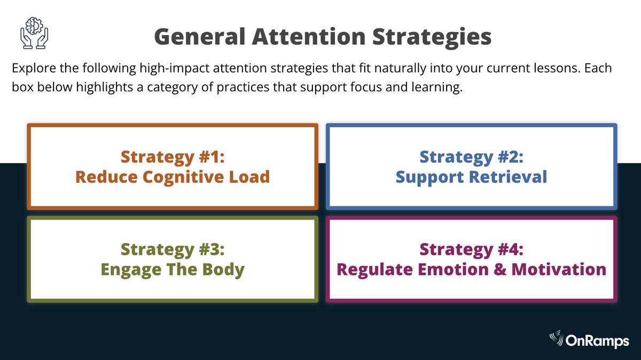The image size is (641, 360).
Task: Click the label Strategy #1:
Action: tap(173, 157)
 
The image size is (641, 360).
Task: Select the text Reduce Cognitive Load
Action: tap(173, 177)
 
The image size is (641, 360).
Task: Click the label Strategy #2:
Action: tap(471, 157)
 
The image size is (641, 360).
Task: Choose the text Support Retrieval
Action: tap(471, 177)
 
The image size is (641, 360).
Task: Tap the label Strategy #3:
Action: tap(173, 249)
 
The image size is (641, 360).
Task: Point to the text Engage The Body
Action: tap(173, 269)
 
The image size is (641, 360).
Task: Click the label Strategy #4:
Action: tap(471, 249)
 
